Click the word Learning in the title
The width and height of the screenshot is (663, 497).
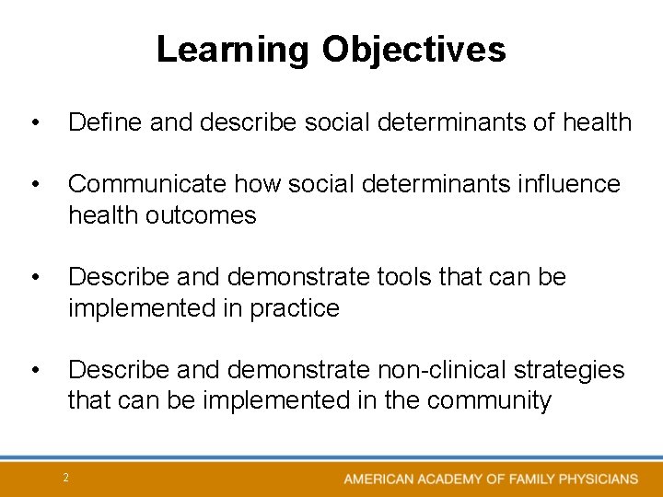point(234,50)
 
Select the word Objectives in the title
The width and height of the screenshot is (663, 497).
point(413,50)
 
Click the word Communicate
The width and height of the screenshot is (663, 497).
point(148,184)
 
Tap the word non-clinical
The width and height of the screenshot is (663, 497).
point(437,370)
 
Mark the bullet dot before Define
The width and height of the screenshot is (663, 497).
point(34,122)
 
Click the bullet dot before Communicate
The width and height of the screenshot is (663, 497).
point(34,185)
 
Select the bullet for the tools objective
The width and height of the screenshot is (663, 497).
point(34,278)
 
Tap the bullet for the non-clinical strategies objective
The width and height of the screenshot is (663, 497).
point(34,371)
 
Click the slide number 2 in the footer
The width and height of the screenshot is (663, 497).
point(65,477)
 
